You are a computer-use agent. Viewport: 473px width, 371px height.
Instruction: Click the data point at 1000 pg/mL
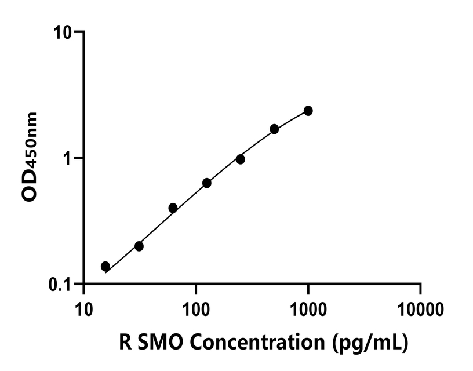click(308, 111)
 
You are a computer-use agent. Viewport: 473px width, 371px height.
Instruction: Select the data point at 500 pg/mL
click(274, 129)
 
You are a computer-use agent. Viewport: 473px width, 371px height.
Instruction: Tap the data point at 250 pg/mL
click(240, 159)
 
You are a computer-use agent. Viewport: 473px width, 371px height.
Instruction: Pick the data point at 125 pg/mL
click(206, 183)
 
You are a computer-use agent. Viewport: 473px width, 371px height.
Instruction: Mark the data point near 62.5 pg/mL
click(173, 208)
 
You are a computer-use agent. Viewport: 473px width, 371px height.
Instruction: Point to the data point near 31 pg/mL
click(139, 246)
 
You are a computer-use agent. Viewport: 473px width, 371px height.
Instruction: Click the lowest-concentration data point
click(105, 266)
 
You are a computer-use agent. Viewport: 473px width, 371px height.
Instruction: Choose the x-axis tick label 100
click(196, 307)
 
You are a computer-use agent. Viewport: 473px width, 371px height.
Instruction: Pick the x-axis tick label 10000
click(420, 307)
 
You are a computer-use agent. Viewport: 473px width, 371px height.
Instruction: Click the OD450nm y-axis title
click(30, 157)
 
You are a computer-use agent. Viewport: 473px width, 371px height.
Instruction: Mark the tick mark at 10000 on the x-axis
click(420, 289)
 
